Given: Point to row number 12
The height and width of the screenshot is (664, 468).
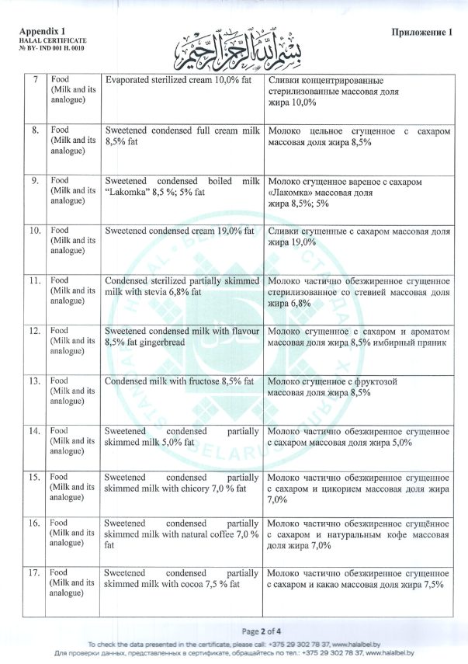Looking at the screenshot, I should pos(35,331).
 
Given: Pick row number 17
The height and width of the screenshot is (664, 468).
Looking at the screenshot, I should pos(35,572).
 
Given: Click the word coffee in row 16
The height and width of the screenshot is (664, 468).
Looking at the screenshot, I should pos(218,535).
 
